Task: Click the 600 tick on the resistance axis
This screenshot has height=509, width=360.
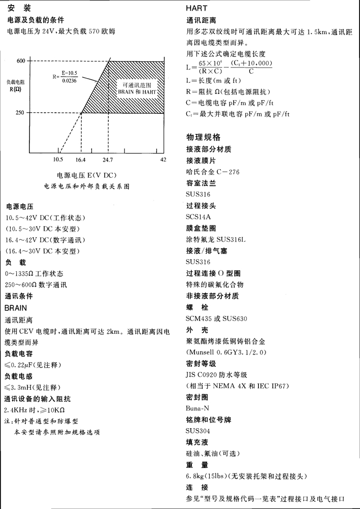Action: click(x=21, y=61)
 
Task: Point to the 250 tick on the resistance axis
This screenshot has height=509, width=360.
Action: click(x=21, y=113)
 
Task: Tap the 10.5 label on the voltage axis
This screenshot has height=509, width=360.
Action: click(x=58, y=160)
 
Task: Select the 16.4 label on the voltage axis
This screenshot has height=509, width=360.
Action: click(x=81, y=160)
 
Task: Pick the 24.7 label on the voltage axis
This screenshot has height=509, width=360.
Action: click(x=108, y=160)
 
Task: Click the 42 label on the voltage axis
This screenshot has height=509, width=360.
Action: click(x=163, y=160)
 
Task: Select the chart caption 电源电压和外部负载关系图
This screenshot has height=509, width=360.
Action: click(x=87, y=186)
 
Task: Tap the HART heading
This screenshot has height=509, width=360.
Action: click(x=197, y=8)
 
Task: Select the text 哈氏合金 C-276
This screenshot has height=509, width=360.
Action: click(x=213, y=172)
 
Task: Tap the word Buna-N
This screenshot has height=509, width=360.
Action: click(x=198, y=407)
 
